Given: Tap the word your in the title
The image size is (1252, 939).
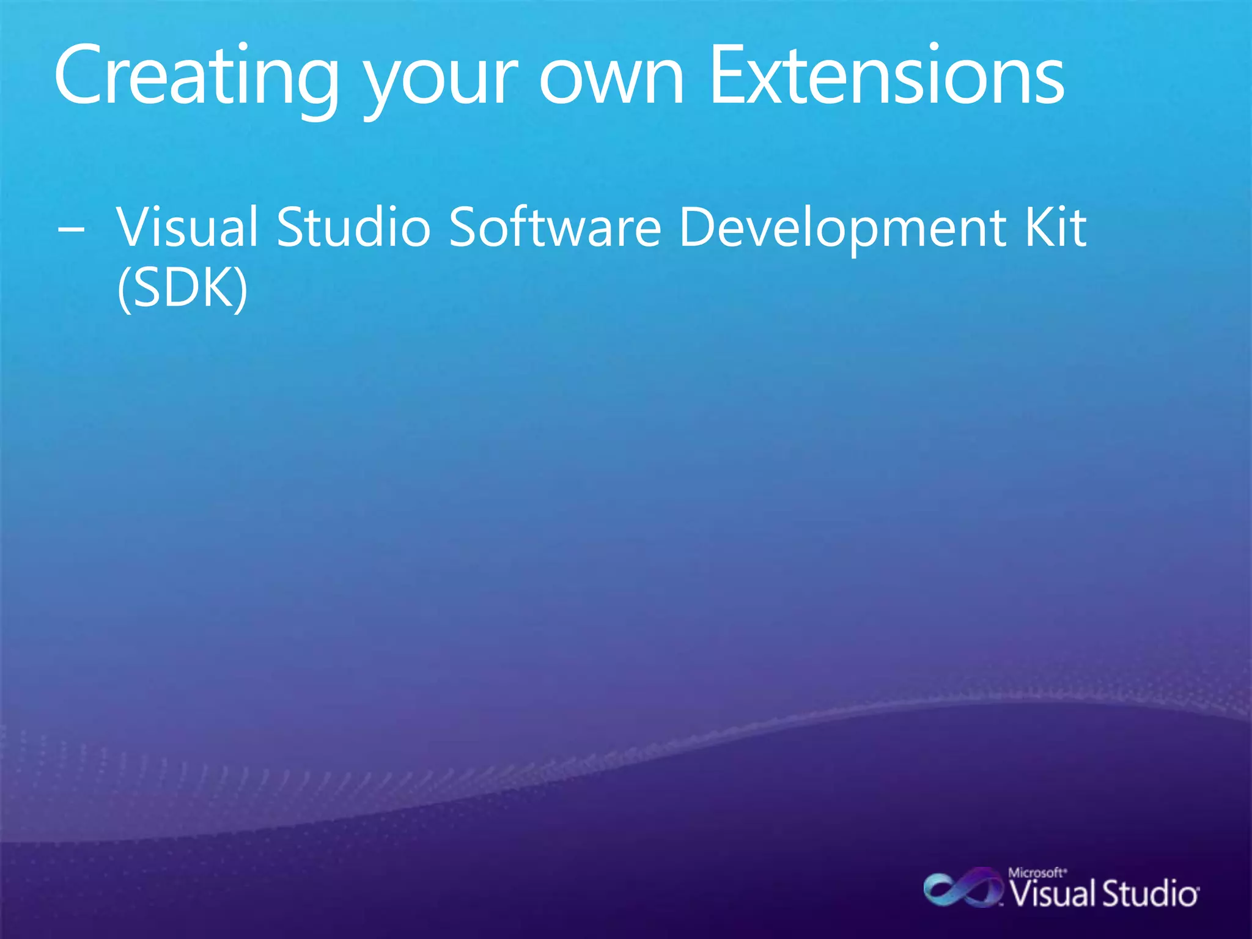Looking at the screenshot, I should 440,83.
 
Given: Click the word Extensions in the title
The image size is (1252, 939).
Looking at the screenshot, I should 886,76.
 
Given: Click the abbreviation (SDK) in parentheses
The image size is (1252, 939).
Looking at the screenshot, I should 182,289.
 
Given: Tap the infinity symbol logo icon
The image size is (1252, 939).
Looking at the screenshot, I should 962,890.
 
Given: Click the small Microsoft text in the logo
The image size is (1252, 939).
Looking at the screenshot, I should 1036,872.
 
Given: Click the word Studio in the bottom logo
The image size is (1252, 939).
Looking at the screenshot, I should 1149,894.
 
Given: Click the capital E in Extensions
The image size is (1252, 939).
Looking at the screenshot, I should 727,76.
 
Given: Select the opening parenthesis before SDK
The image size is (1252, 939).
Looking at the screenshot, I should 123,290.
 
